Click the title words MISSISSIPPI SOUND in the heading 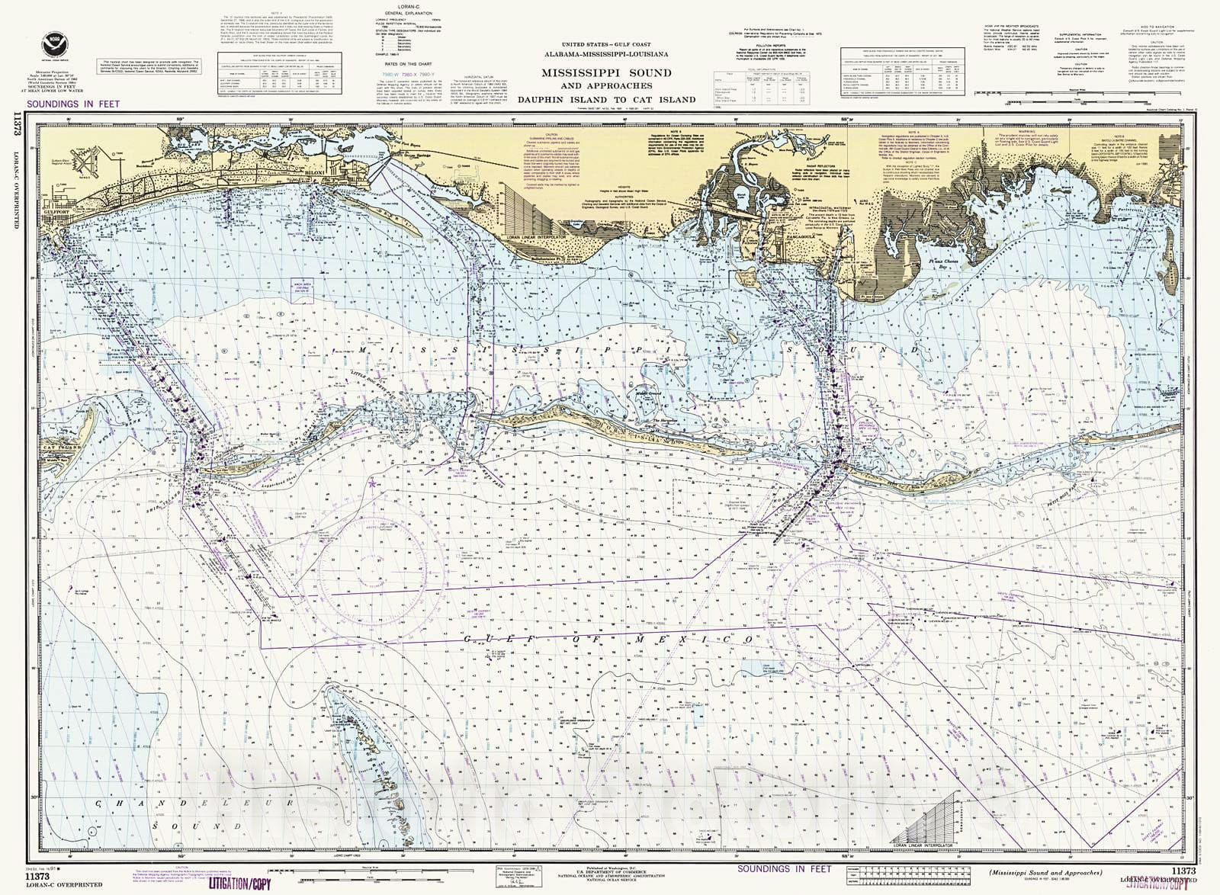pos(606,73)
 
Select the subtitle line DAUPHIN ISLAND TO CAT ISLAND pos(606,99)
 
